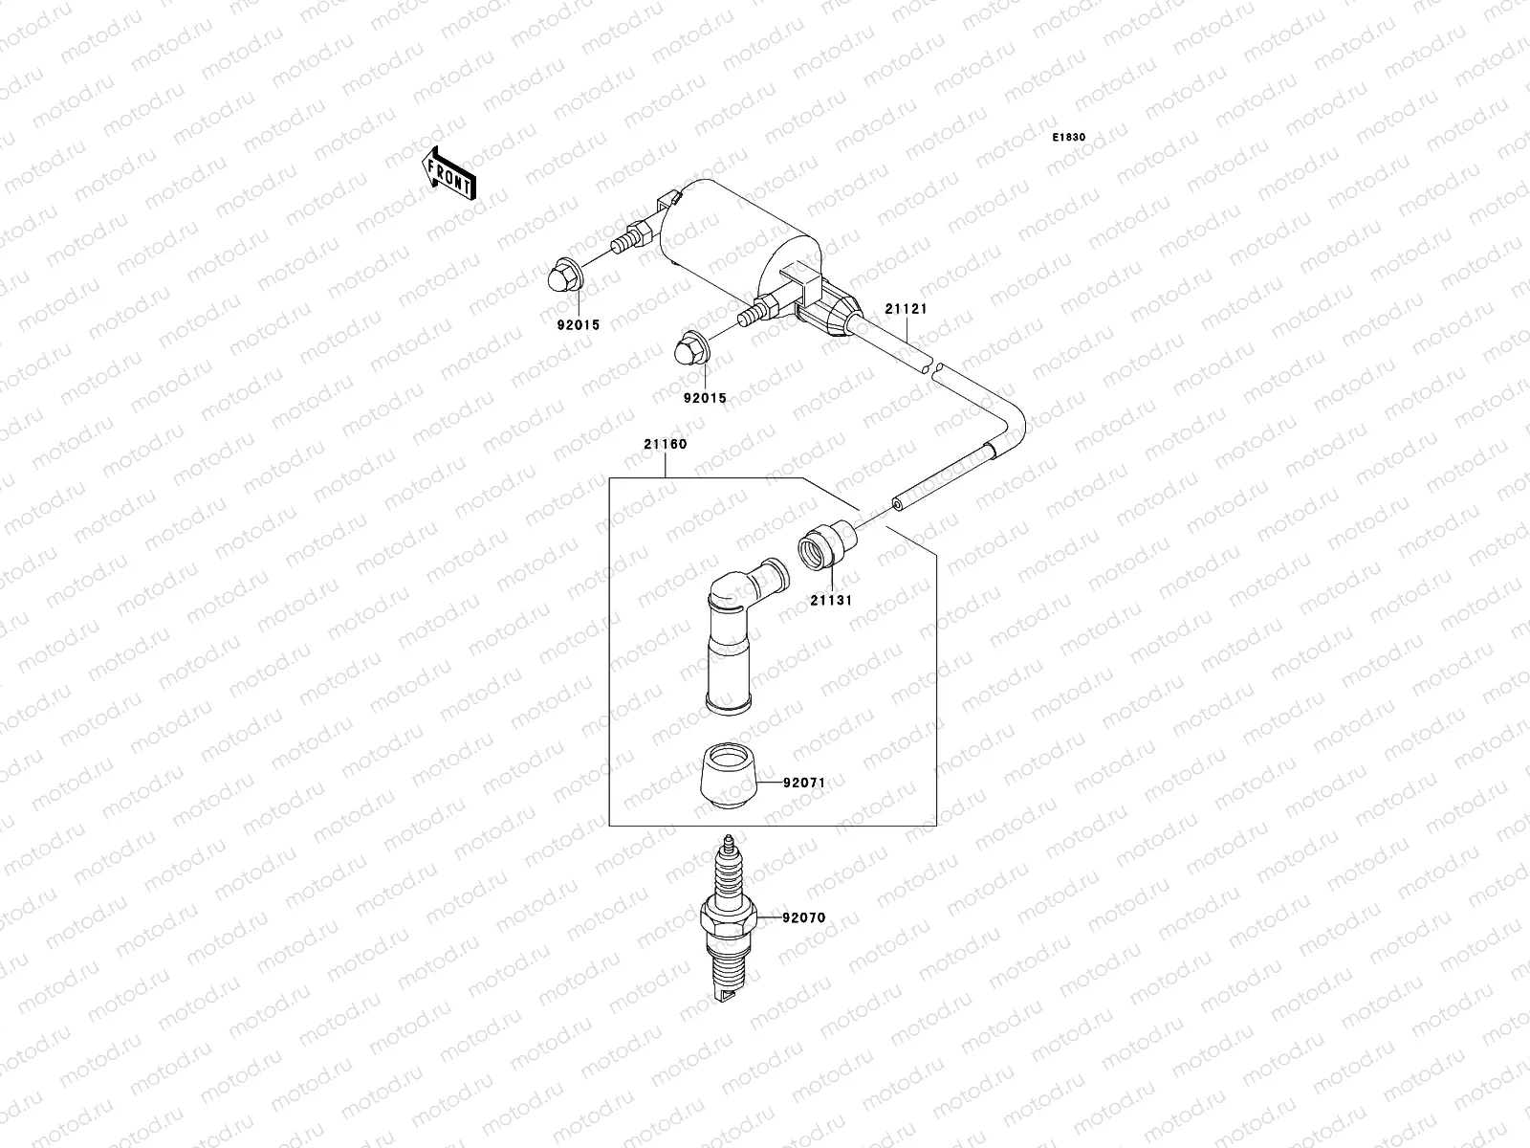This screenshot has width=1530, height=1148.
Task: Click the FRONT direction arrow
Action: tap(448, 172)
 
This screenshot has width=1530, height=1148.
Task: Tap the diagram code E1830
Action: tap(1069, 138)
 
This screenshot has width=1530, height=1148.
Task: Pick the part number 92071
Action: tap(803, 783)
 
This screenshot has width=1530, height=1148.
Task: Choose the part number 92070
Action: tap(803, 917)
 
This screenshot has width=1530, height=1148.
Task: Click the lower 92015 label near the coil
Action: tap(704, 398)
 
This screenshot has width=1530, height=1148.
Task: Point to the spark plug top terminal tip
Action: tap(729, 843)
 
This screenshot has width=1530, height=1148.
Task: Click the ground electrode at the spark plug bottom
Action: tap(729, 998)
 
